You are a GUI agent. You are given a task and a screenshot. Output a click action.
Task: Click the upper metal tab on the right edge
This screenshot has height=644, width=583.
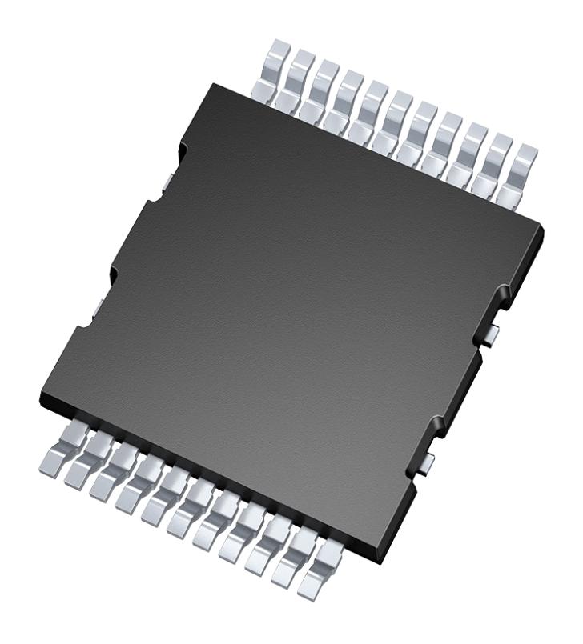coord(494,330)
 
